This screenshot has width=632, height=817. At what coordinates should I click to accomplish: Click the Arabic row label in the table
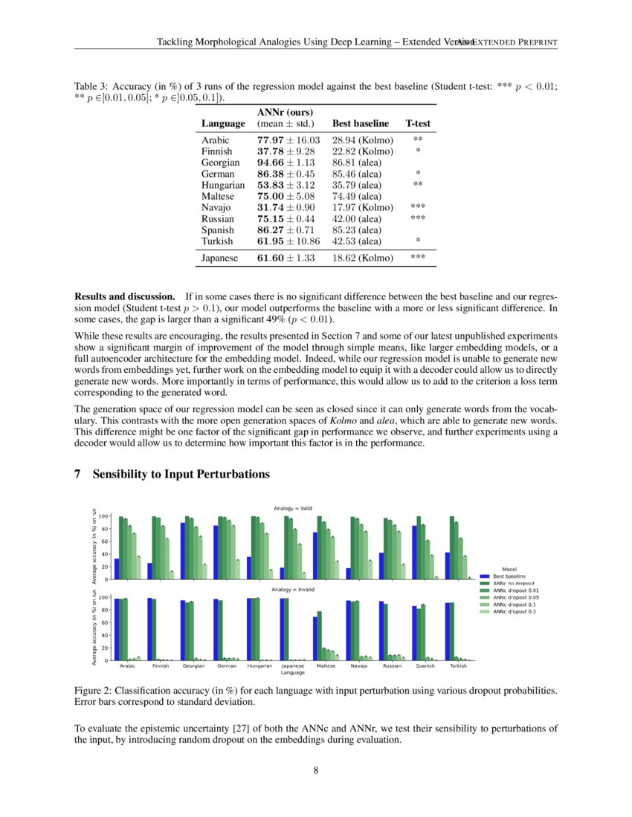point(216,140)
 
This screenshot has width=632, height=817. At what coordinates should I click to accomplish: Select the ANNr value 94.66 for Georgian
point(286,162)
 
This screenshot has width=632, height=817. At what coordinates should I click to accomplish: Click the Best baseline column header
point(360,123)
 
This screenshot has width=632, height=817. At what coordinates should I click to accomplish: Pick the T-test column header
point(417,123)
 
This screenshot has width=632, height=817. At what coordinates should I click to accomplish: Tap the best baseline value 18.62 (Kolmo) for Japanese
point(362,258)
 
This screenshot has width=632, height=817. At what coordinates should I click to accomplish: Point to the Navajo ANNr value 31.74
point(286,207)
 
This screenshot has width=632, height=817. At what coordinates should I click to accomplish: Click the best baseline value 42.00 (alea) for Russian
point(357,219)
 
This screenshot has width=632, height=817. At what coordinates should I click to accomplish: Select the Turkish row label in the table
point(217,241)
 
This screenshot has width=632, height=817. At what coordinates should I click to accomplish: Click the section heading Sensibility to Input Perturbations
point(181,474)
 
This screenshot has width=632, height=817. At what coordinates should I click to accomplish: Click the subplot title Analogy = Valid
point(292,508)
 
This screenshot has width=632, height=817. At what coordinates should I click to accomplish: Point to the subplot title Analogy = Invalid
point(292,589)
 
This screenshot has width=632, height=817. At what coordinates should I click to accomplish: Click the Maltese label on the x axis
point(326,666)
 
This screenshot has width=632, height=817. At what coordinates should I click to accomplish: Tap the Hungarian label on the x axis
point(259,666)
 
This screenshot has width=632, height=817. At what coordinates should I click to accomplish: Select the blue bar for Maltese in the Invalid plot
point(315,639)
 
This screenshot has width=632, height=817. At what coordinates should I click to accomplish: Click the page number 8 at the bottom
point(316,770)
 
